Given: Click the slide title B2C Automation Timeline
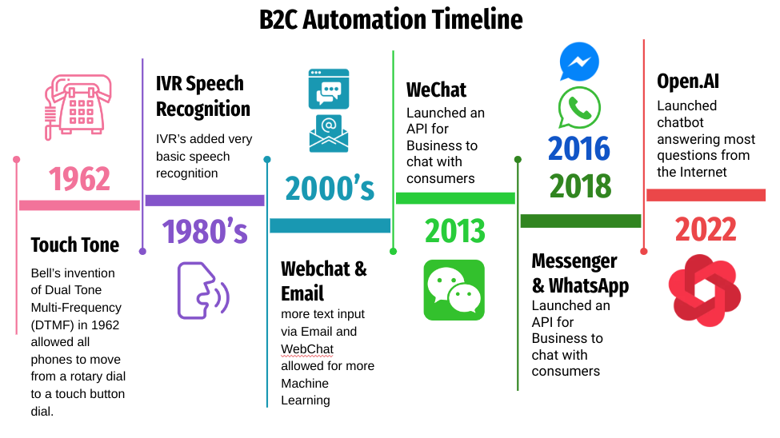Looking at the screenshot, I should point(390,19).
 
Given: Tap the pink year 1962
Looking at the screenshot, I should point(79,178).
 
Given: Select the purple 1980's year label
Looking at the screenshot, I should point(205,231).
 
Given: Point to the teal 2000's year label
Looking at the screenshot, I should point(330,188).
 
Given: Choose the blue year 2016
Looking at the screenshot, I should point(579,149).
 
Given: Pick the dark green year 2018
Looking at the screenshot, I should point(580,186).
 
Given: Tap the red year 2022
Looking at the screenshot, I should point(705,230).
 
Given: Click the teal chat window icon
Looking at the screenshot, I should point(329,89).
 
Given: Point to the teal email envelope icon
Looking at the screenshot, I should point(329,133).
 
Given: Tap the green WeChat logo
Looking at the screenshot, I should point(454,289).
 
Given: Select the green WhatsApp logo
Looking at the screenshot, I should point(579,107).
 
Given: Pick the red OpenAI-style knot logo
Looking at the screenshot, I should point(705,290).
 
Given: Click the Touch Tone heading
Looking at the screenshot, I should point(74,245).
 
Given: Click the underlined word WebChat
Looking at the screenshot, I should point(306,348).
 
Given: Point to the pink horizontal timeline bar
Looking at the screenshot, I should point(79,205).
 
